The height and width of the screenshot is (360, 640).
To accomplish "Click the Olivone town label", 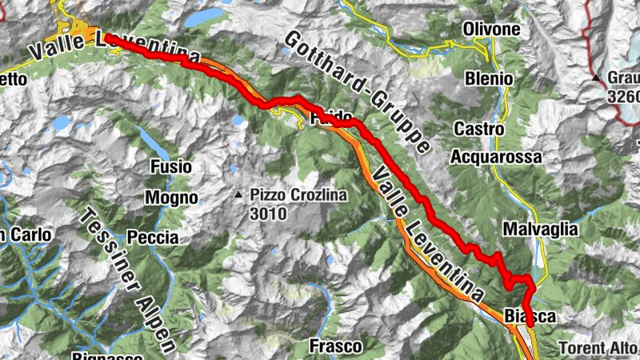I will tap(491, 30).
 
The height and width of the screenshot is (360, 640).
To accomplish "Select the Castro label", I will tap(479, 129).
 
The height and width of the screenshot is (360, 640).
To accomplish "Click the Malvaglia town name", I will tap(540, 229).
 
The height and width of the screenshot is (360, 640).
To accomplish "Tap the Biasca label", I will tap(530, 317).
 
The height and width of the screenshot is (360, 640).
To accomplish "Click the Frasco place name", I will tap(336, 346).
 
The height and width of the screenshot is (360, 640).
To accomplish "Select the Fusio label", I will tap(170, 166).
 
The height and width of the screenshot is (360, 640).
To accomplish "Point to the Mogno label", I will tap(171, 197).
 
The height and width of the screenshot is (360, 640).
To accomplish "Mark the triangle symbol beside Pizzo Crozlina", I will tap(238, 195).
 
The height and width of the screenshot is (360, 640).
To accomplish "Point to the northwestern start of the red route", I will tap(106, 36).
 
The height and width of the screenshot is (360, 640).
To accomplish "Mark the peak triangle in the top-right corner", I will tap(596, 78).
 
